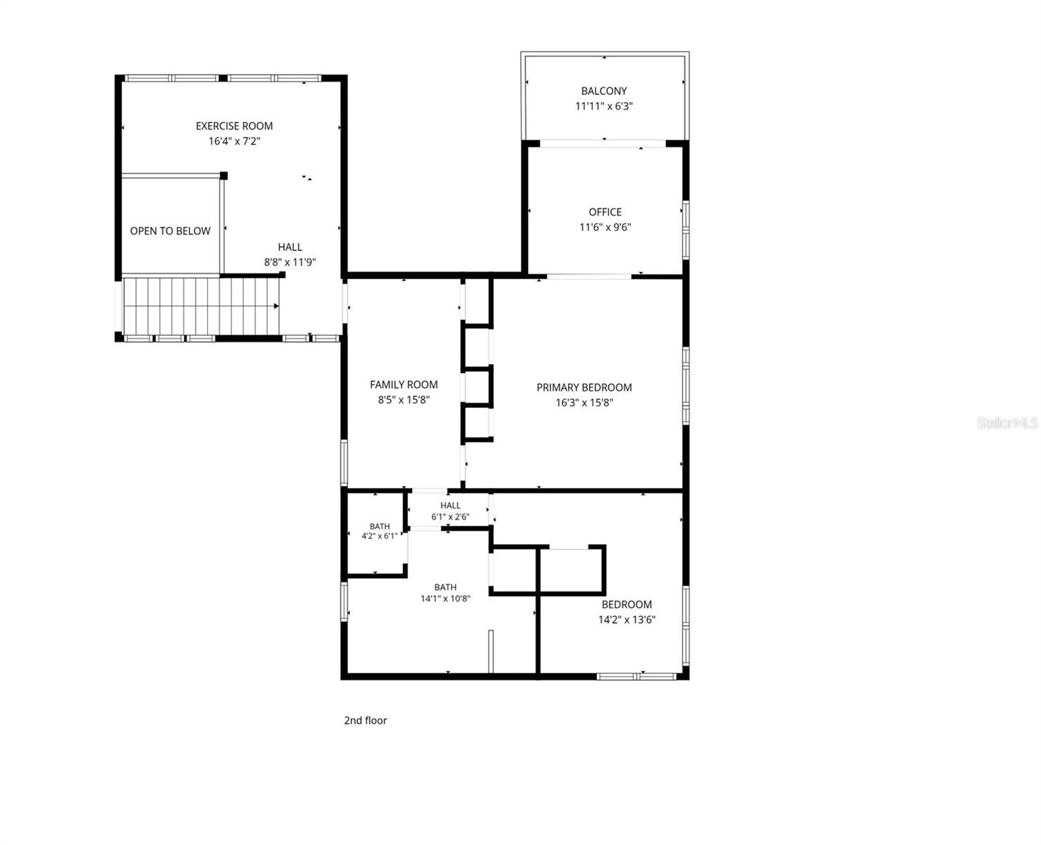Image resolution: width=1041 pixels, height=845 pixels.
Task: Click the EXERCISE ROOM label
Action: [x=234, y=126]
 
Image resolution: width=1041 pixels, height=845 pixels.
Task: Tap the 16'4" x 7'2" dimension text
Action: [x=234, y=141]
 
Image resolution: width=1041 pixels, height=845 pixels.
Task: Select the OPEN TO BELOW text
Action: [x=170, y=231]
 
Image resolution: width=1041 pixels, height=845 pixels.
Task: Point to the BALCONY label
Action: [x=603, y=91]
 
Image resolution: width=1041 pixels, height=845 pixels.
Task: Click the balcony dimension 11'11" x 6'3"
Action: [x=603, y=106]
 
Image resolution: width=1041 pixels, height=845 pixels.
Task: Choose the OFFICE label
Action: [x=605, y=212]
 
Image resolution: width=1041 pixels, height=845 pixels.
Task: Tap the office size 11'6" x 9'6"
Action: [x=605, y=227]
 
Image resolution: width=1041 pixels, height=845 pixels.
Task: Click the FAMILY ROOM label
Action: [x=404, y=384]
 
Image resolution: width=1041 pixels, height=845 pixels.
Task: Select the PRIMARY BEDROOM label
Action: [x=584, y=387]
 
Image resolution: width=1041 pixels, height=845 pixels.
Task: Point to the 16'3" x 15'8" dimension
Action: [x=584, y=403]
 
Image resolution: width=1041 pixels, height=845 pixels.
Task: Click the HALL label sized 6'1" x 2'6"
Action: [x=450, y=506]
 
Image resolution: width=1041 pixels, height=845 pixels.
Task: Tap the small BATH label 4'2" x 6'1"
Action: [x=380, y=527]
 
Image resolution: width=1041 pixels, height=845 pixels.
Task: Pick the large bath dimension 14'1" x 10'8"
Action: [x=445, y=599]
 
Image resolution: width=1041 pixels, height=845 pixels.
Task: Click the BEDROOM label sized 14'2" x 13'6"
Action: [x=627, y=604]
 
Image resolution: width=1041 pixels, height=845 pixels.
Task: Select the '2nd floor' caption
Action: [x=366, y=720]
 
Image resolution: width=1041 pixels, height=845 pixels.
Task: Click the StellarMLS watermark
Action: [x=1006, y=423]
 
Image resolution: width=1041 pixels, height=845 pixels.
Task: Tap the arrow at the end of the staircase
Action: [x=276, y=306]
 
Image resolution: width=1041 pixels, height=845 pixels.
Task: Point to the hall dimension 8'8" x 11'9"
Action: [x=290, y=262]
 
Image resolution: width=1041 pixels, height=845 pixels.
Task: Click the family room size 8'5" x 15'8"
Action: [x=404, y=400]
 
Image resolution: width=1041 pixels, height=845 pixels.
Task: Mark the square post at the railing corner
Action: [x=223, y=176]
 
